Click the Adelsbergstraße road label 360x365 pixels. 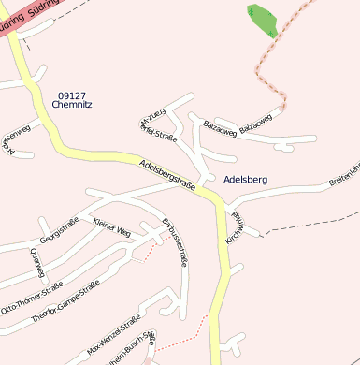(166, 176)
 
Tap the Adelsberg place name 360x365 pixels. (246, 178)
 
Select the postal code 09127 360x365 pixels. (72, 95)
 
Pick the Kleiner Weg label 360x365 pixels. (111, 226)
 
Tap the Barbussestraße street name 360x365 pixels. (176, 242)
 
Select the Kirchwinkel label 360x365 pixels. (235, 227)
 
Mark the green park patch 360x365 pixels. (264, 20)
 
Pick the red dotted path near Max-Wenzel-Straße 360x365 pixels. (187, 334)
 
